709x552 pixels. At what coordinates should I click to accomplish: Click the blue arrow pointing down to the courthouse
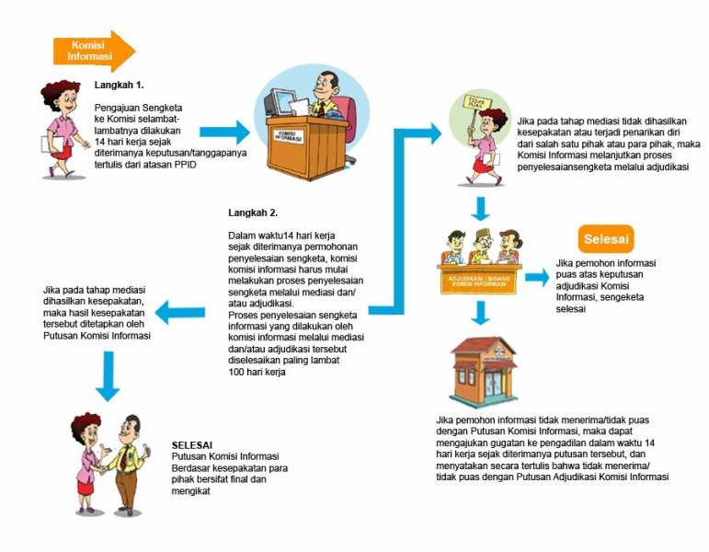click(479, 314)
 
